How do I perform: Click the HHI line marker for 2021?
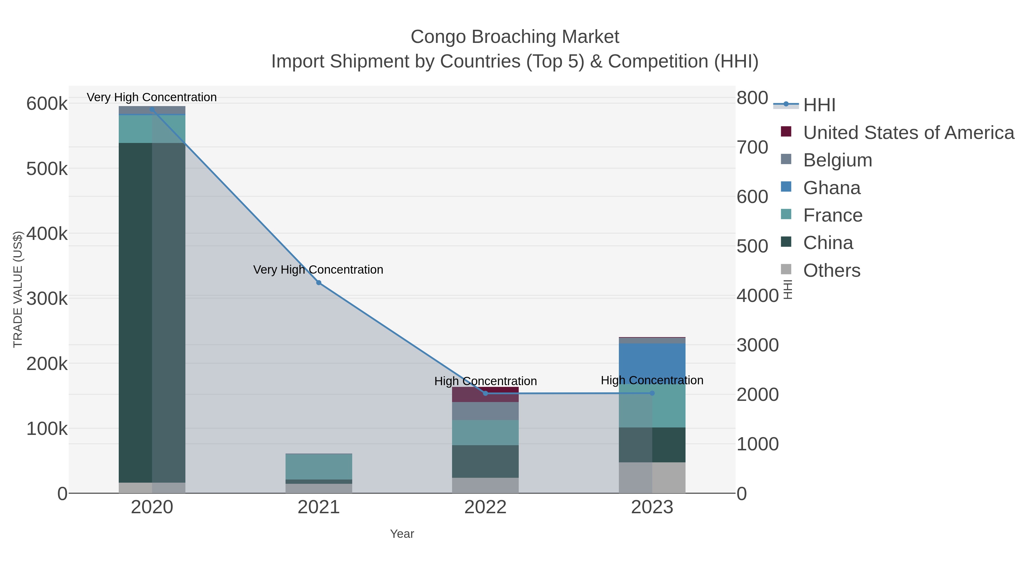pos(319,282)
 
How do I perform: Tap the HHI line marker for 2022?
pos(486,393)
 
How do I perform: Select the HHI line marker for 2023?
pos(652,393)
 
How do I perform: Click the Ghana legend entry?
pos(832,188)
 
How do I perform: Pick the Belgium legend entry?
pos(838,160)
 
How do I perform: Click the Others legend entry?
pos(832,270)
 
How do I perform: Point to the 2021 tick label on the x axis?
pos(319,507)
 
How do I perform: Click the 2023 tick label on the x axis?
pos(652,507)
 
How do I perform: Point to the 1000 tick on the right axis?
pos(757,444)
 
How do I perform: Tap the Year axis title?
pos(402,534)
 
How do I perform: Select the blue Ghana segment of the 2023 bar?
pos(652,362)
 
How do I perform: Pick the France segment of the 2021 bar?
pos(319,466)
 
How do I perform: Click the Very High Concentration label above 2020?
pos(152,97)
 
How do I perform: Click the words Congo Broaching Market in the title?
pos(515,37)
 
